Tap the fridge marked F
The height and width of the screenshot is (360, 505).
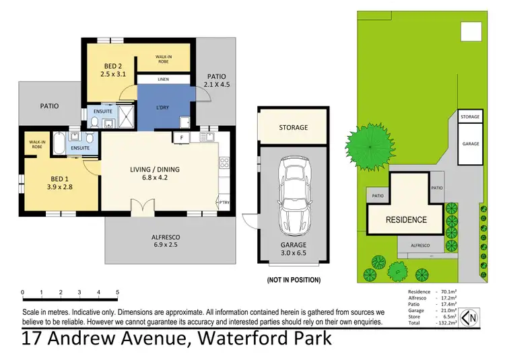click(181, 138)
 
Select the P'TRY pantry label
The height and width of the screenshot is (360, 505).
click(223, 203)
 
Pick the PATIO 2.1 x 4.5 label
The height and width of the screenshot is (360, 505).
click(217, 79)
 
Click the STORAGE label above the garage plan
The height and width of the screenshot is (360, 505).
click(293, 127)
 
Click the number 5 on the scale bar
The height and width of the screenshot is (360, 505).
click(117, 293)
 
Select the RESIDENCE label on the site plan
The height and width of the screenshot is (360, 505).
click(406, 219)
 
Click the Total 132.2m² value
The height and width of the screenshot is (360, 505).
click(447, 324)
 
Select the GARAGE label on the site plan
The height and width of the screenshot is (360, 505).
click(470, 143)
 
